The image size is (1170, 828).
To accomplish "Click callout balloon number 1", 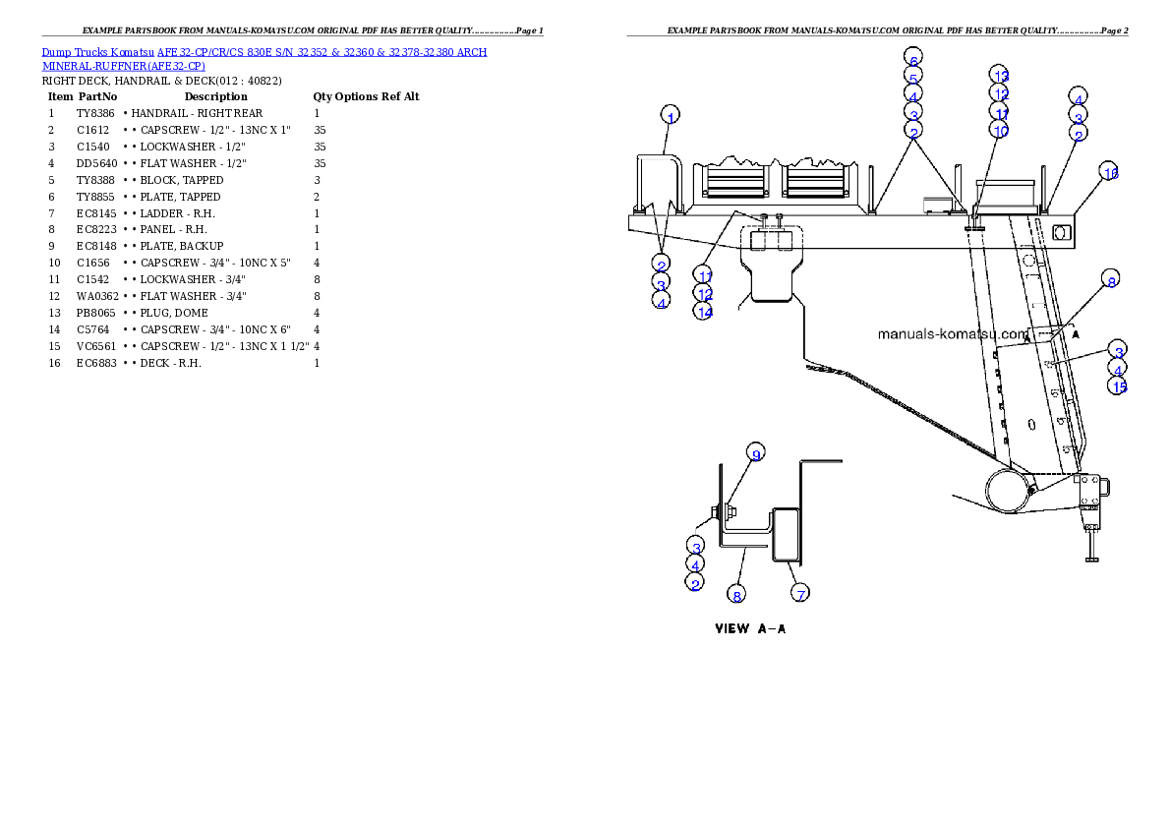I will [670, 115].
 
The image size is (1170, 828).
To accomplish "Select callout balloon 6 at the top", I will [913, 59].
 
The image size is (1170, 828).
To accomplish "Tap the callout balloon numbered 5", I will [913, 78].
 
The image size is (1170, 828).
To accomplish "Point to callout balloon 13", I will [1000, 76].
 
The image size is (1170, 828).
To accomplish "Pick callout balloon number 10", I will [1000, 131].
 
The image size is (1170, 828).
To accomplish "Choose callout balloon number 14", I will [702, 311].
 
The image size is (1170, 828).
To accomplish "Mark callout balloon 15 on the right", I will [1119, 386].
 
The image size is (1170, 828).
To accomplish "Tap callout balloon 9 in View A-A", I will [755, 453].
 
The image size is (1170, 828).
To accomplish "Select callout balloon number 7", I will [801, 594].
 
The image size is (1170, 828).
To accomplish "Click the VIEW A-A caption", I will [749, 629].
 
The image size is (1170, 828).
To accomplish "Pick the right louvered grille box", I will [815, 183].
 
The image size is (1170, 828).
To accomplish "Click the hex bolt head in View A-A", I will [712, 511].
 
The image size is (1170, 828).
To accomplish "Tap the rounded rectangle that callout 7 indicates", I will [787, 534].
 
